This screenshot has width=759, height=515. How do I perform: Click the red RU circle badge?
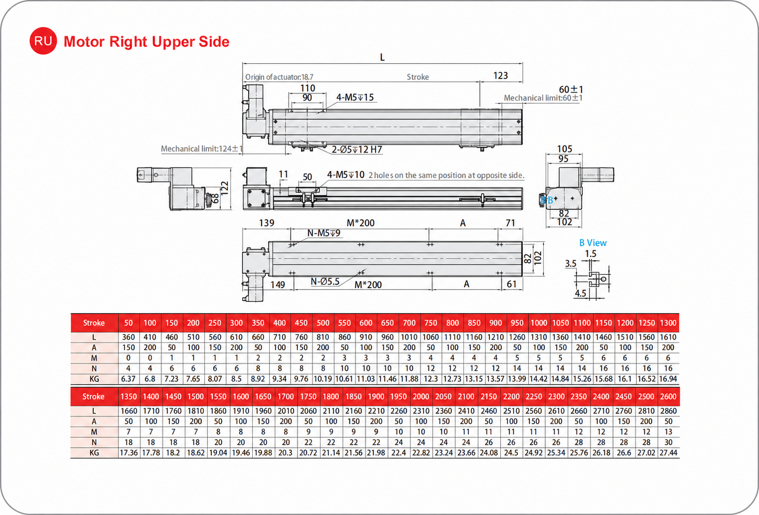(x=43, y=41)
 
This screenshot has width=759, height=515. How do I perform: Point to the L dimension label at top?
(x=382, y=57)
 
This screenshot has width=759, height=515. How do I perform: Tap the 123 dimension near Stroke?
(x=500, y=75)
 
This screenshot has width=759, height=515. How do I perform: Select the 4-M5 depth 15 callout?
(x=355, y=97)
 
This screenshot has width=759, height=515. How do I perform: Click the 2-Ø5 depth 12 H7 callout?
(x=357, y=150)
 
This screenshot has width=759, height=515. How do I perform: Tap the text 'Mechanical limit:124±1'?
(x=202, y=149)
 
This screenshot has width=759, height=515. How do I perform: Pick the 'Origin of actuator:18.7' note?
(x=279, y=77)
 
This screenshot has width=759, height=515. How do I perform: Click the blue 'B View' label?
(x=593, y=243)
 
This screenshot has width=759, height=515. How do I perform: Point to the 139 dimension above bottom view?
(x=267, y=223)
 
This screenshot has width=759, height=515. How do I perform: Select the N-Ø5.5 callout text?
(x=325, y=281)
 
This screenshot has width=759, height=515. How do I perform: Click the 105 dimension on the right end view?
(x=565, y=149)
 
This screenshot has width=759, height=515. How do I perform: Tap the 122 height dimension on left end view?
(x=224, y=188)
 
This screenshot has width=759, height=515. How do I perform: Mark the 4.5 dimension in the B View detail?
(x=581, y=293)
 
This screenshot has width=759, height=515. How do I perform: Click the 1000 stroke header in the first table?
(x=539, y=323)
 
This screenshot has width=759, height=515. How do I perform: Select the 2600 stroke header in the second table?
(x=668, y=396)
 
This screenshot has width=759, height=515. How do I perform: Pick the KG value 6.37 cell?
(x=129, y=379)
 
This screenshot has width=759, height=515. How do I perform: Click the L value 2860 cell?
(x=668, y=411)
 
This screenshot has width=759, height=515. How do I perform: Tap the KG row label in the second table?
(x=94, y=453)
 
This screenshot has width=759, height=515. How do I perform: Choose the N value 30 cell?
(x=668, y=442)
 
